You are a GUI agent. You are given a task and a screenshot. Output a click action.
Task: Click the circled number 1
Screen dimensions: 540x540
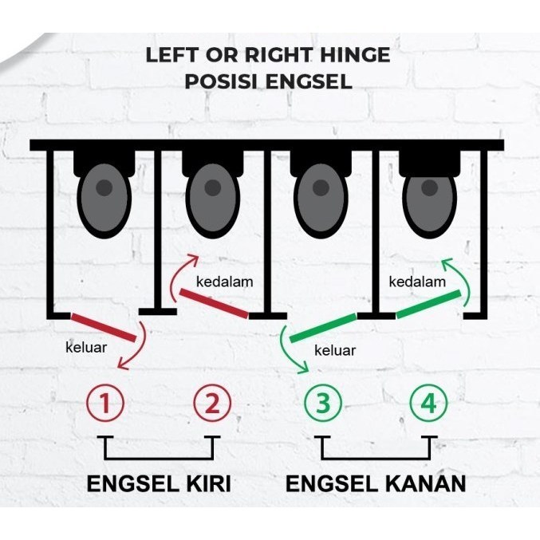(105, 403)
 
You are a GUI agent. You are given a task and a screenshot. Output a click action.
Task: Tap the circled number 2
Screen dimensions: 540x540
(212, 403)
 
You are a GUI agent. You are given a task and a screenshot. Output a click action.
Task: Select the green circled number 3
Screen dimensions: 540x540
(323, 403)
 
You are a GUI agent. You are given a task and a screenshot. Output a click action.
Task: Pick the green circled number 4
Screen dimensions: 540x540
(428, 403)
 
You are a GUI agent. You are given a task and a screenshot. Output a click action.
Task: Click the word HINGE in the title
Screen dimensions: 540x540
(355, 55)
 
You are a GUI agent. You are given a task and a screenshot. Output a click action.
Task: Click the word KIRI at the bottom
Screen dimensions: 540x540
(209, 483)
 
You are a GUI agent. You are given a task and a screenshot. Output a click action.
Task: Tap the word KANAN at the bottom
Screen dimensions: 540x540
(425, 483)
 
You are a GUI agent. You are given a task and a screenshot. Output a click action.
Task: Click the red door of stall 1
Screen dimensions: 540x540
(104, 327)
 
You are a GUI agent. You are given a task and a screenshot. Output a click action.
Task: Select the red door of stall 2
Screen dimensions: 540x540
(214, 303)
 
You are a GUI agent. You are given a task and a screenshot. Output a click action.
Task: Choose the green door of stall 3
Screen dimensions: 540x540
(323, 328)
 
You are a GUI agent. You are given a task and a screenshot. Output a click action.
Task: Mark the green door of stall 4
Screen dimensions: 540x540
(428, 304)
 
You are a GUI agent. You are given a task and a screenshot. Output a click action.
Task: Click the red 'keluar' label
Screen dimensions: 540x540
(86, 347)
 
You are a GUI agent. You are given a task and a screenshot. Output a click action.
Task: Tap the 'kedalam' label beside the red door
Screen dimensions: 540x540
(225, 282)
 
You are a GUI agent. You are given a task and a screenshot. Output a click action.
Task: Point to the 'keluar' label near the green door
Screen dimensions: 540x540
(335, 351)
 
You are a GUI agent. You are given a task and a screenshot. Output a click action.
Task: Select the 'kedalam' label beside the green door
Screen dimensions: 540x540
(417, 282)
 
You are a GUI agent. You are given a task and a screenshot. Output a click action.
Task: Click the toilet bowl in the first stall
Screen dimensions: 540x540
(104, 199)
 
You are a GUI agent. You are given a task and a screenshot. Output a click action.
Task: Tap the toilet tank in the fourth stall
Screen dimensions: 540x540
(429, 164)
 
